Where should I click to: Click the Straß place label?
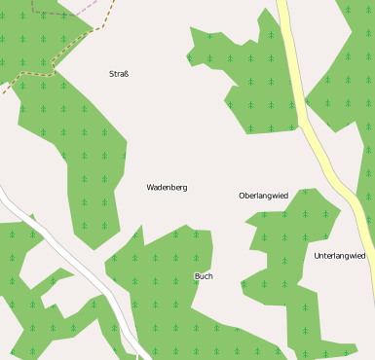click(x=119, y=74)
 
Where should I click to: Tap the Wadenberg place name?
click(x=167, y=187)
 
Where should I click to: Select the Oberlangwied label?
click(x=263, y=196)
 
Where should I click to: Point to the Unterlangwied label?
click(x=340, y=256)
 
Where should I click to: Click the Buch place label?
click(x=204, y=276)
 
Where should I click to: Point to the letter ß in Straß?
click(x=126, y=74)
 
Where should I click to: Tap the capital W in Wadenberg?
click(x=150, y=187)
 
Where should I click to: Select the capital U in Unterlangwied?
click(x=318, y=256)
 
